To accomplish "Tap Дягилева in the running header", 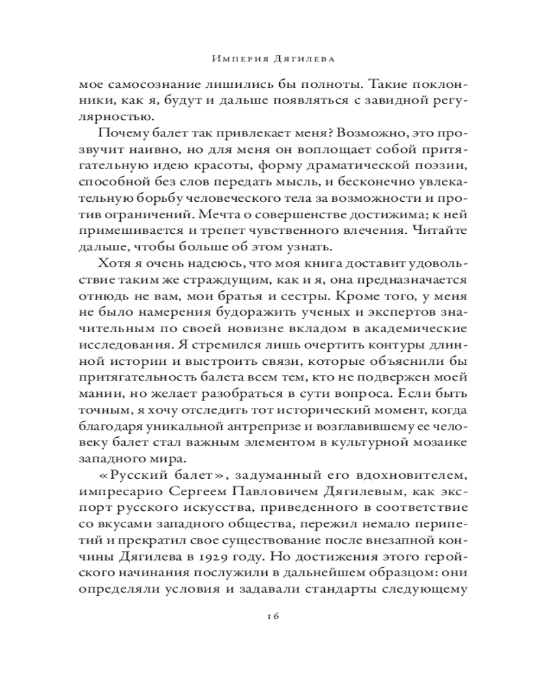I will click(304, 59).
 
